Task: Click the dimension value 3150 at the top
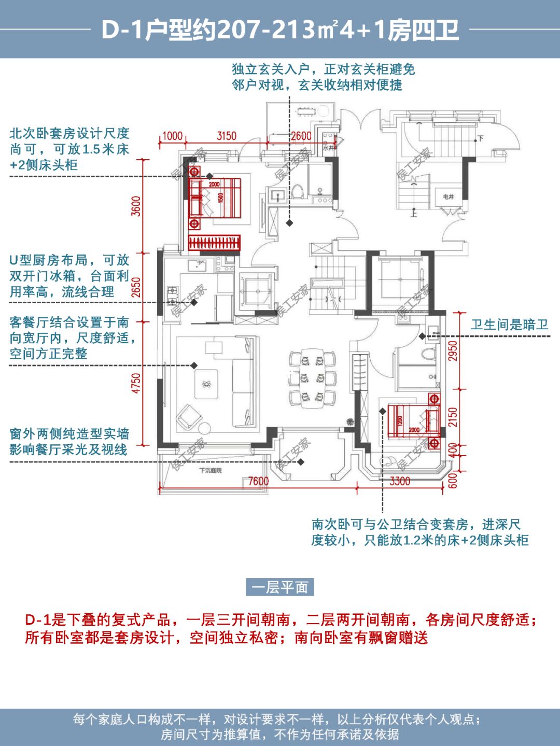pos(226,136)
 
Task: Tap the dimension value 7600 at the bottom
pos(258,481)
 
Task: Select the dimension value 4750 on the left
pos(136,383)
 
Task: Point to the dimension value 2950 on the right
pos(453,351)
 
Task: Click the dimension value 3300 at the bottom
pos(400,481)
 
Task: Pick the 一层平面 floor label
pos(280,587)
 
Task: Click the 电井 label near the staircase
pos(449,196)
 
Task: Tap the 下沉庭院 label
pos(211,470)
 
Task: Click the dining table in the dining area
pos(313,377)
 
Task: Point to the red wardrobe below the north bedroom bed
pos(214,243)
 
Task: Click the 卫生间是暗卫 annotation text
pos(509,325)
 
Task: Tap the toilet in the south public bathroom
pos(428,355)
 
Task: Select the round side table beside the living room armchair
pos(205,428)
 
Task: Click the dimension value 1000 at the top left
pos(172,136)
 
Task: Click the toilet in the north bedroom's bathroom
pos(297,192)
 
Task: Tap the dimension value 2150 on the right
pos(453,417)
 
